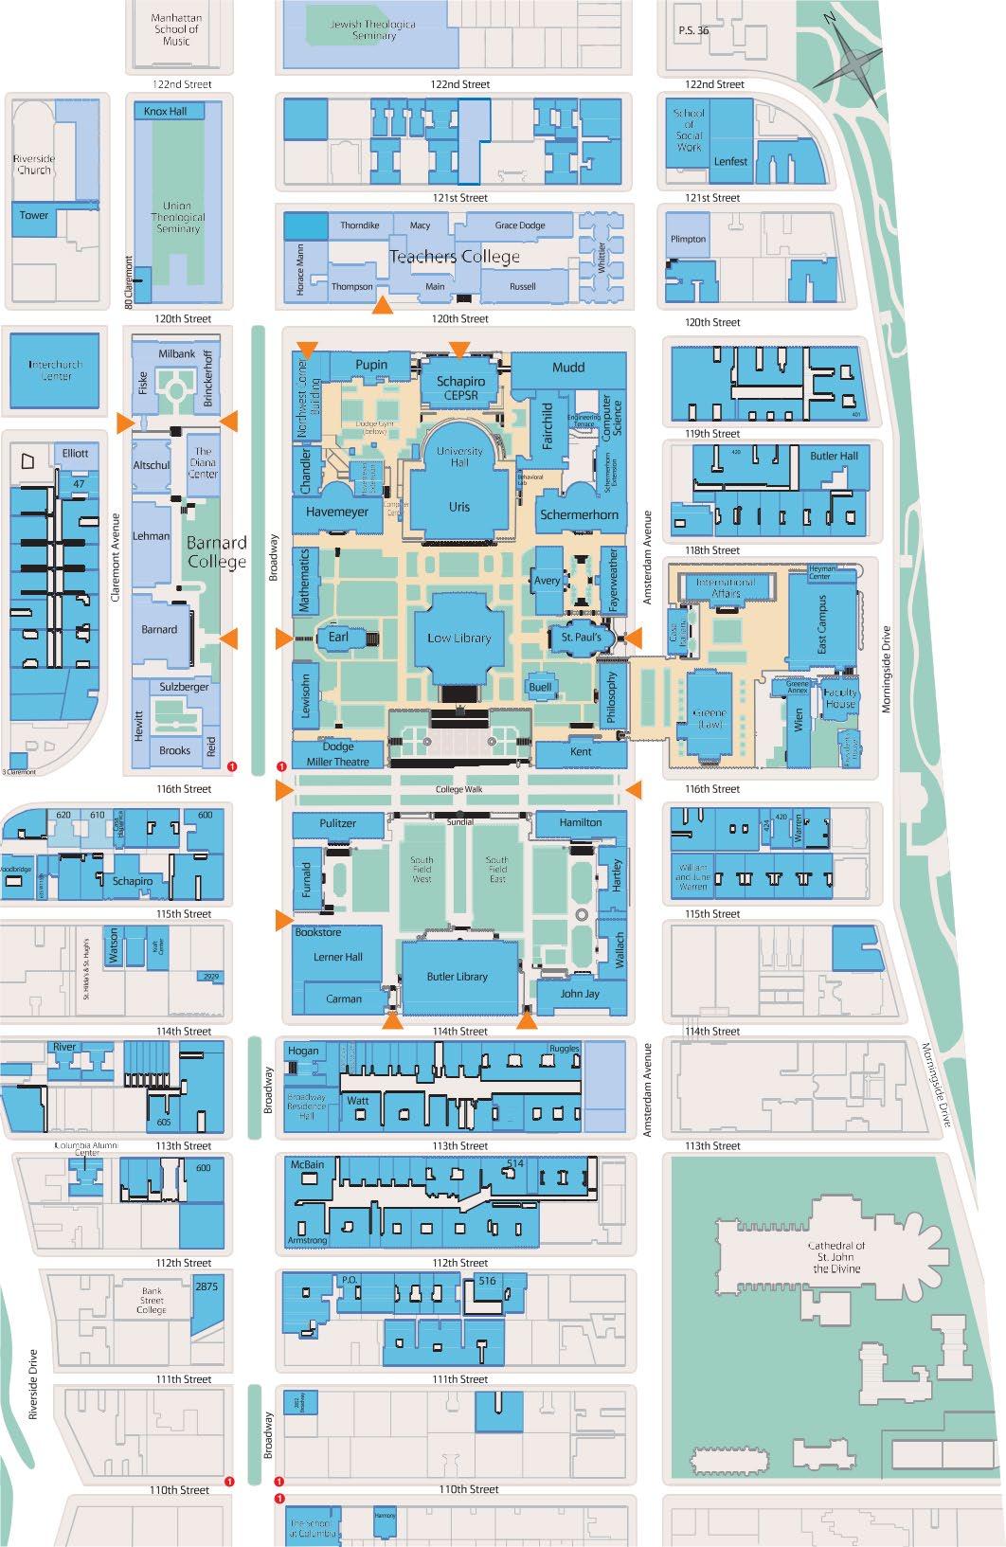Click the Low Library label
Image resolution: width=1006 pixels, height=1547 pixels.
[458, 638]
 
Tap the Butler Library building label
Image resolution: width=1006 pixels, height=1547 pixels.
[458, 977]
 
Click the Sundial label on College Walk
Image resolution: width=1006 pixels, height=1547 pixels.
[460, 822]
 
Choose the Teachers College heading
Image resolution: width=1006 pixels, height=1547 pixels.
[455, 257]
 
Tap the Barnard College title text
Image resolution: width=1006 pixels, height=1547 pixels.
[217, 551]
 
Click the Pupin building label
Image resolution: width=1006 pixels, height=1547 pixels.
[371, 365]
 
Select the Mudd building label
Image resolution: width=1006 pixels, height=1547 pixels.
[568, 367]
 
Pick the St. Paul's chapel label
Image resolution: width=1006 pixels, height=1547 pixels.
[581, 638]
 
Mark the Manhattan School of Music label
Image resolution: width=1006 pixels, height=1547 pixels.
[177, 29]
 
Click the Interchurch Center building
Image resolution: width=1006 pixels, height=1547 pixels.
[55, 370]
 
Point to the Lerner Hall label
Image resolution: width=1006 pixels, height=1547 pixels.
[338, 957]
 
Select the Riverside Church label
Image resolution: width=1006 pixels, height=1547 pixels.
[34, 164]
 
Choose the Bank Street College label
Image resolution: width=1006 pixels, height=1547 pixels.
[152, 1300]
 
